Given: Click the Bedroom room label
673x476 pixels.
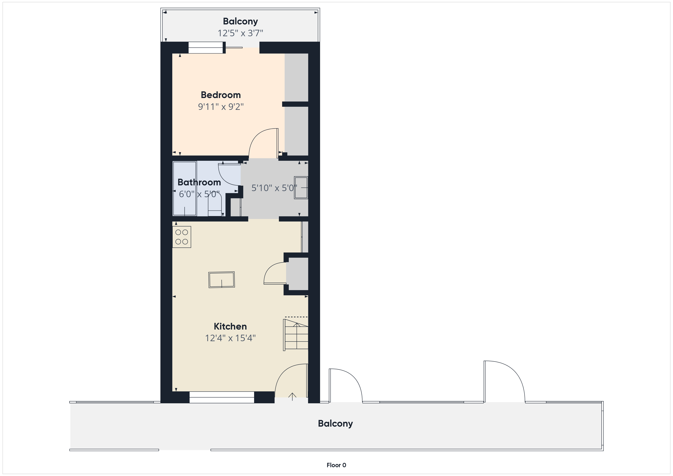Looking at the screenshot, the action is coord(221,95).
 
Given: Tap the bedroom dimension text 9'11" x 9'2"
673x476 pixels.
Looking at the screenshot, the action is coord(221,107).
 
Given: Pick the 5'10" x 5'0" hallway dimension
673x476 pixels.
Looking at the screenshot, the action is coord(274,188).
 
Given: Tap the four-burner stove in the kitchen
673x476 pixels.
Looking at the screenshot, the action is coord(181,237).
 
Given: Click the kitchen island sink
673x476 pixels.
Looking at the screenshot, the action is coord(222,280).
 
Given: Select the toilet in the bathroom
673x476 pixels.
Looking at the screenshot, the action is coord(215,204).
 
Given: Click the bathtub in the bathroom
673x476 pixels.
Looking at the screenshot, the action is coord(184,188).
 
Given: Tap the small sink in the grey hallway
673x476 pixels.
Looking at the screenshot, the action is coord(301,188).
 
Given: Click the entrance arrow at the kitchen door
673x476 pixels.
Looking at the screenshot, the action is coord(292,396).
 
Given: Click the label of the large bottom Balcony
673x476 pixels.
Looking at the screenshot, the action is coord(335,424).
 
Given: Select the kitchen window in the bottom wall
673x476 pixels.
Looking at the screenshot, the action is coord(222,397).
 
